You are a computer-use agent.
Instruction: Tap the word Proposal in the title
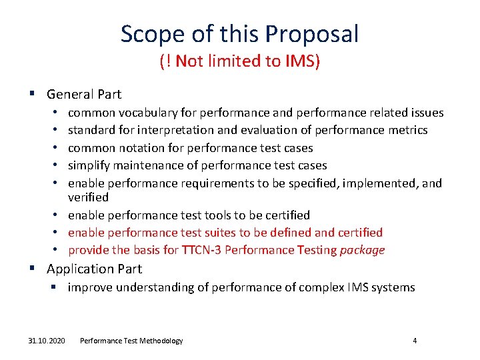(x=313, y=33)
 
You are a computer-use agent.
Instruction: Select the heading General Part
(x=84, y=95)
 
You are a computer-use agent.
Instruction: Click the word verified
(x=88, y=198)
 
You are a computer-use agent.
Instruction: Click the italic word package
(x=362, y=251)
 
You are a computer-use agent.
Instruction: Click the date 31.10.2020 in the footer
(x=47, y=341)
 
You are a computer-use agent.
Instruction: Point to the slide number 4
(x=415, y=341)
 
